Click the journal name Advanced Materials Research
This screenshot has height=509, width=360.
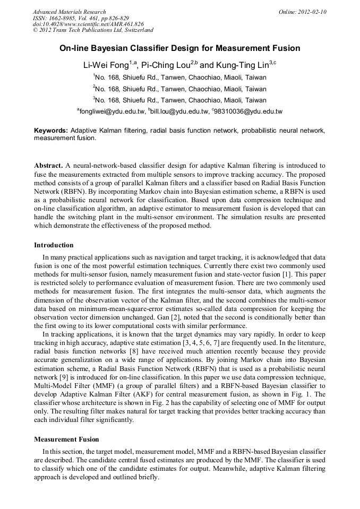pyautogui.click(x=69, y=12)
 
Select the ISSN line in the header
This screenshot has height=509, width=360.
pyautogui.click(x=81, y=18)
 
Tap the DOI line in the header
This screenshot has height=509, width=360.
pyautogui.click(x=88, y=24)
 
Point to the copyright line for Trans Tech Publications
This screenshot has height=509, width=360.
pyautogui.click(x=93, y=30)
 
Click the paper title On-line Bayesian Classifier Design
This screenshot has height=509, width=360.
pyautogui.click(x=179, y=48)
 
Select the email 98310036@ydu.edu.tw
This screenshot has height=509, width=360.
pyautogui.click(x=248, y=111)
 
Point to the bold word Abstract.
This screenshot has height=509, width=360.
pyautogui.click(x=48, y=166)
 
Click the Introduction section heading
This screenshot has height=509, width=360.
pyautogui.click(x=54, y=245)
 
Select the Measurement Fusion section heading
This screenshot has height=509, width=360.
pyautogui.click(x=66, y=439)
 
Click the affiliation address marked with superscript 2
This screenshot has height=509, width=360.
pyautogui.click(x=179, y=88)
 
